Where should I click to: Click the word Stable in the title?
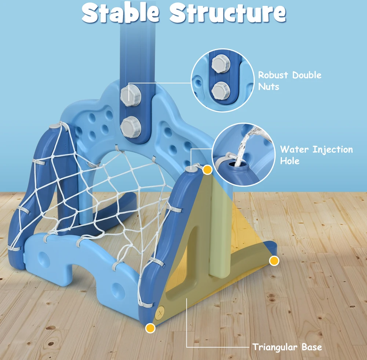120,12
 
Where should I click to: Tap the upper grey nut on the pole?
130,95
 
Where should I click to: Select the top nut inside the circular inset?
221,63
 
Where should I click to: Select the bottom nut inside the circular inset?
221,90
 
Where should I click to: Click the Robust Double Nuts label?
290,81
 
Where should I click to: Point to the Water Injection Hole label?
316,155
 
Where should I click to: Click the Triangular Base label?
287,347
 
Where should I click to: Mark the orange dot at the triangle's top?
207,170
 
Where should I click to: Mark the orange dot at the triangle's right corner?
274,261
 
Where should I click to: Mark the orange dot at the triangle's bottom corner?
150,328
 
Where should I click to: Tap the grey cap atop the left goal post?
55,126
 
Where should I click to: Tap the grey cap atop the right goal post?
192,168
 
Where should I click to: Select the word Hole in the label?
290,161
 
